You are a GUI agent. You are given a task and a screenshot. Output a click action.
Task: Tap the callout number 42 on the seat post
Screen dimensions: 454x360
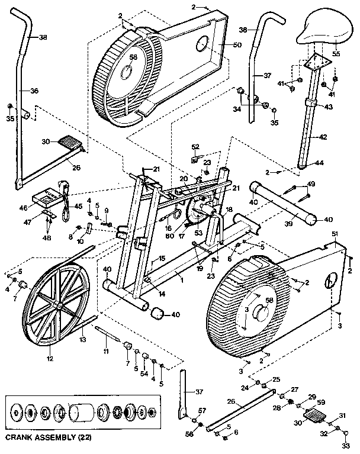(x=323, y=137)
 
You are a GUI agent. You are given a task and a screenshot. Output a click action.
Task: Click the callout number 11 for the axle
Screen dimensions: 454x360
(x=107, y=352)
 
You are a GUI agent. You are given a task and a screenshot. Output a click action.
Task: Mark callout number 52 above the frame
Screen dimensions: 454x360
(x=195, y=147)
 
